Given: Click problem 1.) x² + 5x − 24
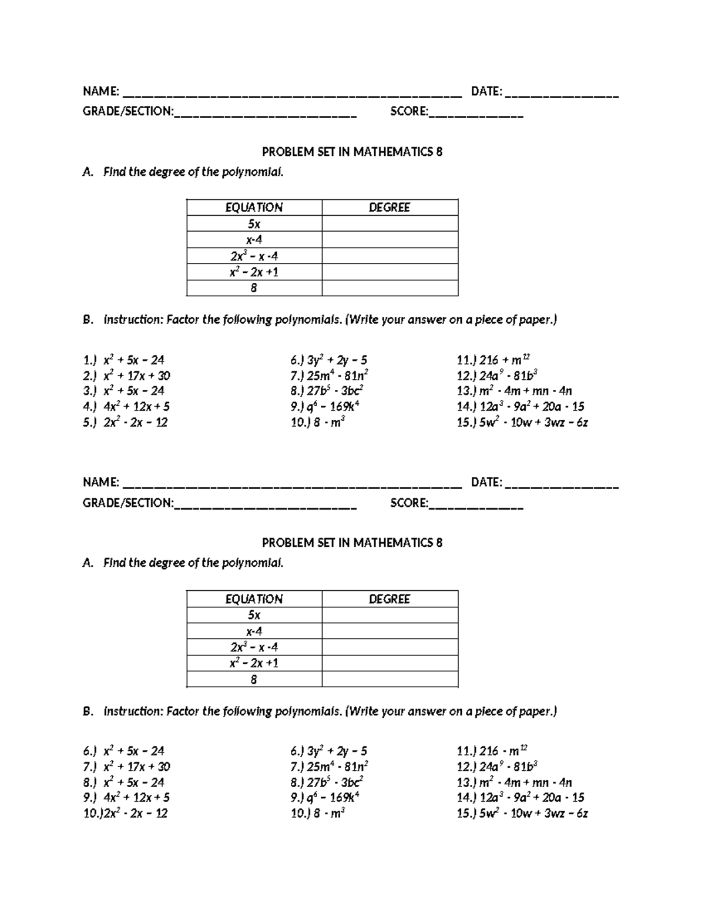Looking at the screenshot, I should coord(124,360).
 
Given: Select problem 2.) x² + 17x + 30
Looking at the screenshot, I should coord(127,376).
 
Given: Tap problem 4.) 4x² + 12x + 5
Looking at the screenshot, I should coord(127,406).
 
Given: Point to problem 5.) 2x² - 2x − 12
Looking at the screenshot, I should coord(126,422).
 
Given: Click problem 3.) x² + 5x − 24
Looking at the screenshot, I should coord(124,391).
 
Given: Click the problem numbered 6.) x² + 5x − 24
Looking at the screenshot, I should coord(124,751).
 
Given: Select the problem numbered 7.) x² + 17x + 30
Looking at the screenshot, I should coord(127,767).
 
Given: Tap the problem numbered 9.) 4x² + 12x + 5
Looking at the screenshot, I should coord(127,798).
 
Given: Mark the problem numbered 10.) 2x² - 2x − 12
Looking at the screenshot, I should coord(126,814).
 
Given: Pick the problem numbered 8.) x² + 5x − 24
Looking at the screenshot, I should coord(124,782).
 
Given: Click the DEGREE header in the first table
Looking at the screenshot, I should coord(390,208).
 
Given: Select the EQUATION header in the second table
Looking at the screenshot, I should coord(254,599).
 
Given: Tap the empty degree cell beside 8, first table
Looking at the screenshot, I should coord(390,288).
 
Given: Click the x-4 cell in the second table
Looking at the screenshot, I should coord(254,631).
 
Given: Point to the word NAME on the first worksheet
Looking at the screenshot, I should coord(100,91).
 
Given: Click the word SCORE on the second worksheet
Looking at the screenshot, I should coord(409,503).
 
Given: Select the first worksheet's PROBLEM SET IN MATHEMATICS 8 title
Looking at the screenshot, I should coord(352,152).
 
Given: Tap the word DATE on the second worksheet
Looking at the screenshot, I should coord(486,483).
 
